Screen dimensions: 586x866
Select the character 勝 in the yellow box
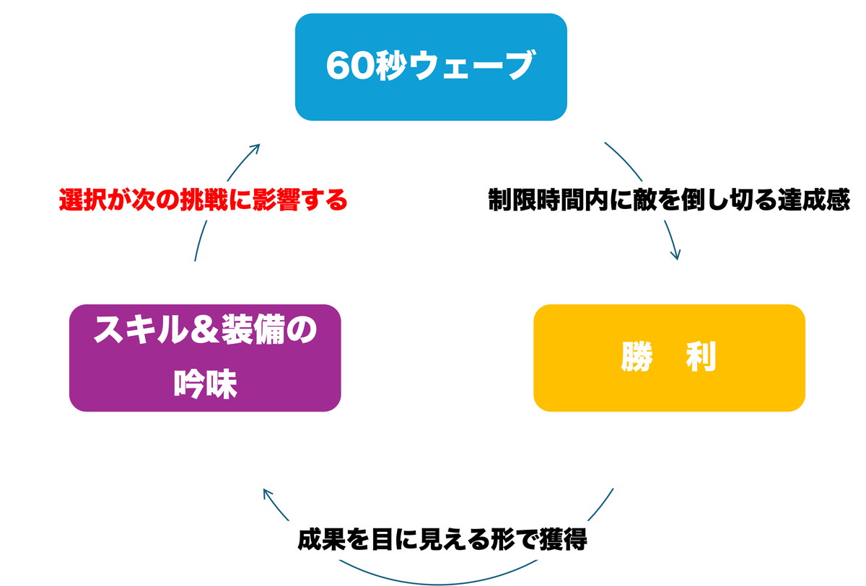pyautogui.click(x=637, y=358)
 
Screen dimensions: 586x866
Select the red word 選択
pyautogui.click(x=82, y=200)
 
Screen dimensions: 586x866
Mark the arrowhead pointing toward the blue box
pyautogui.click(x=254, y=148)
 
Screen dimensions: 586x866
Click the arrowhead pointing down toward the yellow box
pyautogui.click(x=675, y=254)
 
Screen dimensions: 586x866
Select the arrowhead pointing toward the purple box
pyautogui.click(x=268, y=495)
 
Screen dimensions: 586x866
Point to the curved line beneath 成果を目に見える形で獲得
pyautogui.click(x=433, y=582)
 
